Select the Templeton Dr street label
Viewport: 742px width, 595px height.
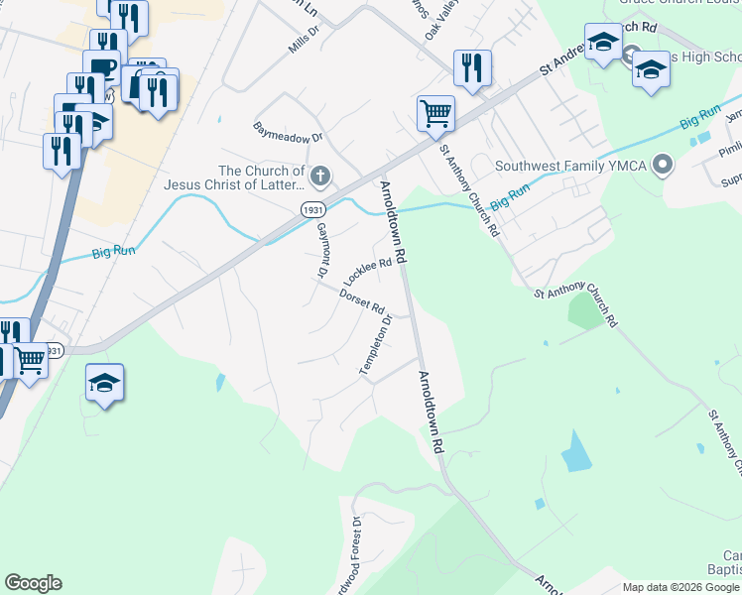[x=376, y=345]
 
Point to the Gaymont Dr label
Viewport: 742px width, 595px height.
[x=321, y=249]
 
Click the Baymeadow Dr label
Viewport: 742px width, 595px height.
[x=289, y=135]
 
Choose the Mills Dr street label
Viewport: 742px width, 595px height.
[x=304, y=40]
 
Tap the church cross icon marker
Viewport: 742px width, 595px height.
[x=319, y=178]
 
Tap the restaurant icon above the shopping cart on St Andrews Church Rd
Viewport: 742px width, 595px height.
[x=472, y=67]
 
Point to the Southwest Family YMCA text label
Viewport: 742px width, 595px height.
[x=578, y=166]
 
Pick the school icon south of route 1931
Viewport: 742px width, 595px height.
[x=104, y=382]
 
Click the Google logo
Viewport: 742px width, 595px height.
[x=33, y=583]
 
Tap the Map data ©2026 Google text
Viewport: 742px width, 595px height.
[x=680, y=587]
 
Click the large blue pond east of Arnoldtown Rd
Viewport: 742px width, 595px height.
[x=576, y=452]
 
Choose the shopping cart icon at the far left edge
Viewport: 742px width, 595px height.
[x=31, y=362]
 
